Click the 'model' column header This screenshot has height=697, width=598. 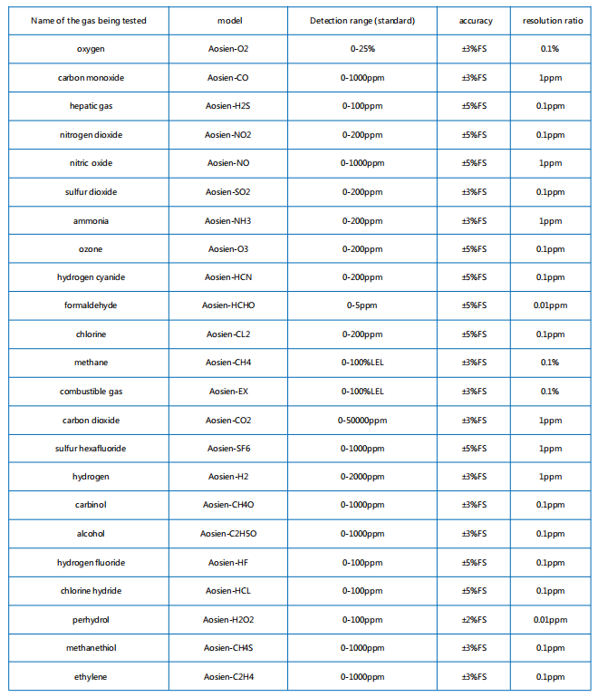click(228, 20)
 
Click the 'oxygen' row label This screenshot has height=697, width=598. click(90, 49)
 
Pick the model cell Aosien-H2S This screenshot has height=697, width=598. click(228, 106)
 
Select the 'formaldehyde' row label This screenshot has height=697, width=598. click(90, 305)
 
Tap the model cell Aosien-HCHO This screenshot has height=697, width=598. click(228, 305)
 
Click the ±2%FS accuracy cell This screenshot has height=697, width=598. click(475, 620)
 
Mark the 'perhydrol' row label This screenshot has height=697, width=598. click(90, 620)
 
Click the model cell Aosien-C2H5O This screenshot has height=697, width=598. click(228, 534)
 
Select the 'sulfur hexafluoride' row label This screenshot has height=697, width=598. click(90, 449)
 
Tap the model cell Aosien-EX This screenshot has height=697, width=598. click(228, 392)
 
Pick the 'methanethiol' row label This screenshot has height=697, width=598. click(90, 648)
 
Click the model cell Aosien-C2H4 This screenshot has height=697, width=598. click(228, 677)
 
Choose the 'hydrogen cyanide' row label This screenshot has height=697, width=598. click(90, 277)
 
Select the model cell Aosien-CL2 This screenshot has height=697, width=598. click(228, 334)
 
